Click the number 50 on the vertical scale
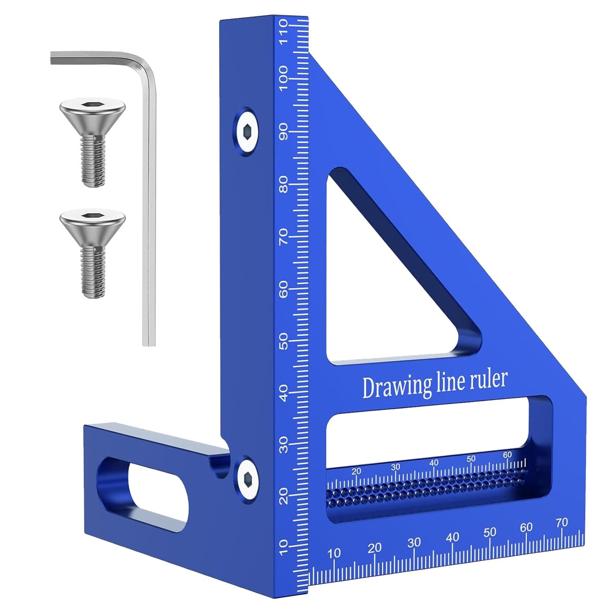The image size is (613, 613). click(283, 341)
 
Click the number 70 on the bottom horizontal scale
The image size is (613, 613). click(562, 522)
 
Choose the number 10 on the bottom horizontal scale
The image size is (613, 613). click(334, 553)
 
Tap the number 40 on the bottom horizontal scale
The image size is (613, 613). click(452, 537)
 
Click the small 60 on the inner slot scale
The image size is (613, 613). click(507, 454)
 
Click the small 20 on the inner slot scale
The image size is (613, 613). click(356, 471)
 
